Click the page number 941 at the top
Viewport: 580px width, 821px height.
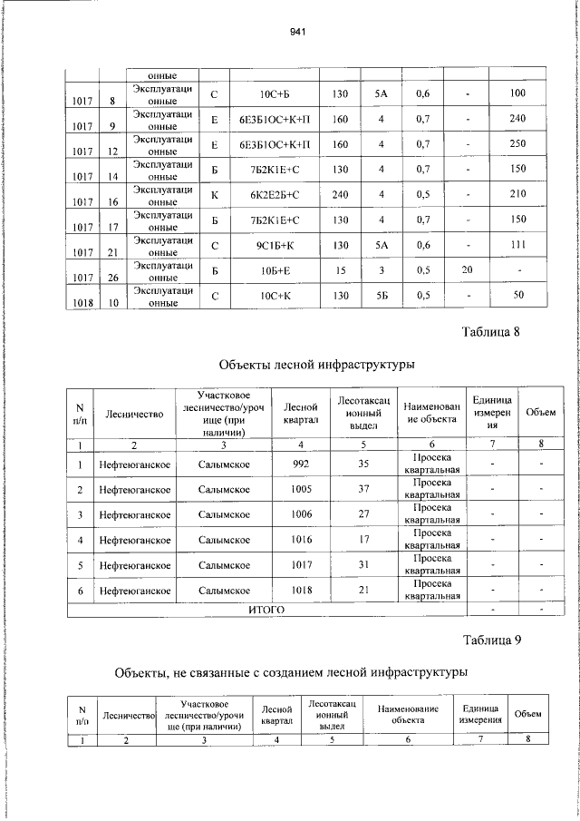pos(295,32)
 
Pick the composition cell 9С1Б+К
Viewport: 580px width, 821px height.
pos(274,245)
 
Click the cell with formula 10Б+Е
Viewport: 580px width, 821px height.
pos(274,269)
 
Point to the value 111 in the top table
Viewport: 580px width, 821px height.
pos(517,245)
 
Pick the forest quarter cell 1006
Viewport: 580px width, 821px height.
pos(301,515)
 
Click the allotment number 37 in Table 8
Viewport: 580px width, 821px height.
pos(363,491)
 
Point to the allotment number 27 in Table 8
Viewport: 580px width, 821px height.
pos(363,515)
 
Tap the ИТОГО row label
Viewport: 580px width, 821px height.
pos(266,610)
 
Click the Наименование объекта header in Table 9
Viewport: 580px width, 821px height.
pos(408,714)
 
